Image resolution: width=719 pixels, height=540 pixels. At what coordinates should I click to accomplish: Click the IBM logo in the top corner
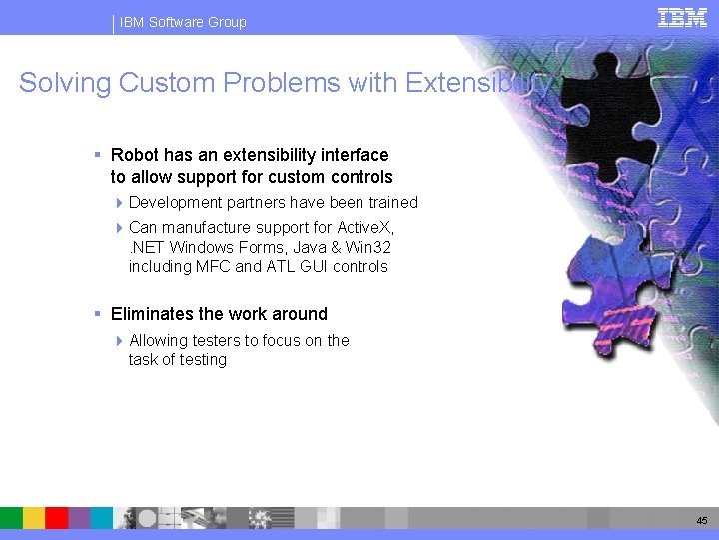[682, 17]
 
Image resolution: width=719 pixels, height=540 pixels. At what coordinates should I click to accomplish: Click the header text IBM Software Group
[183, 22]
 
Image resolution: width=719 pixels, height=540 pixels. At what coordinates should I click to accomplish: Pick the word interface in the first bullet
[356, 155]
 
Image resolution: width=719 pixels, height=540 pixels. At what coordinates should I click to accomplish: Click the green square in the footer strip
[11, 517]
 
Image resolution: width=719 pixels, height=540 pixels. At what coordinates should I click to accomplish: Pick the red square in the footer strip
[57, 517]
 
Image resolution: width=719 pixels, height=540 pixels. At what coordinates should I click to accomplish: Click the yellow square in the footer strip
[34, 517]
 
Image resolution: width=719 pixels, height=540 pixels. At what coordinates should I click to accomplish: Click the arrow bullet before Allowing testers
[120, 341]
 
